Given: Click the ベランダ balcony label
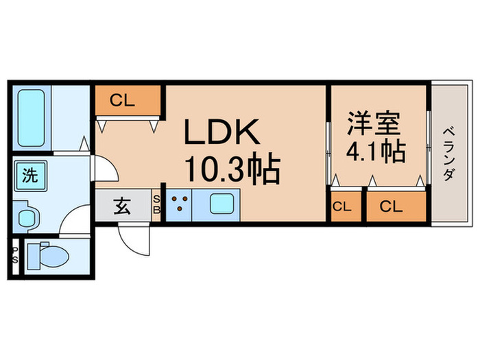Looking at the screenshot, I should [448, 154].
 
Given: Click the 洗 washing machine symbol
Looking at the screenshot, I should [30, 175].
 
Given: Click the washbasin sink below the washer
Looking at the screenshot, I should [27, 218].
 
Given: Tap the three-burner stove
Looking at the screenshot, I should [179, 204].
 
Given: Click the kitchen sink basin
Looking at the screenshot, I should [222, 204].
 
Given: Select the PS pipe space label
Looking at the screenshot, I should [14, 255].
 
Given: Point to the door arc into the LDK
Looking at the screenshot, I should [103, 168].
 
